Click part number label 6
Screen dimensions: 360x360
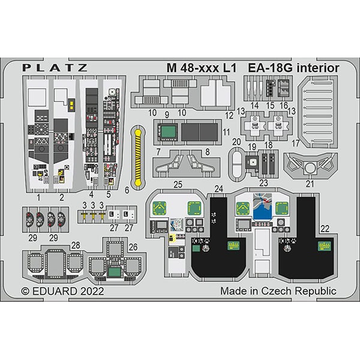[x=127, y=190]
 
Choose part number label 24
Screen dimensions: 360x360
[x=218, y=190]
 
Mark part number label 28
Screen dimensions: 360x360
[x=75, y=245]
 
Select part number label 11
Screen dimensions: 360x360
[x=226, y=131]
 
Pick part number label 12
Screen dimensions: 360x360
[x=229, y=114]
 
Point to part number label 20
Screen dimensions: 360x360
[x=237, y=141]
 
